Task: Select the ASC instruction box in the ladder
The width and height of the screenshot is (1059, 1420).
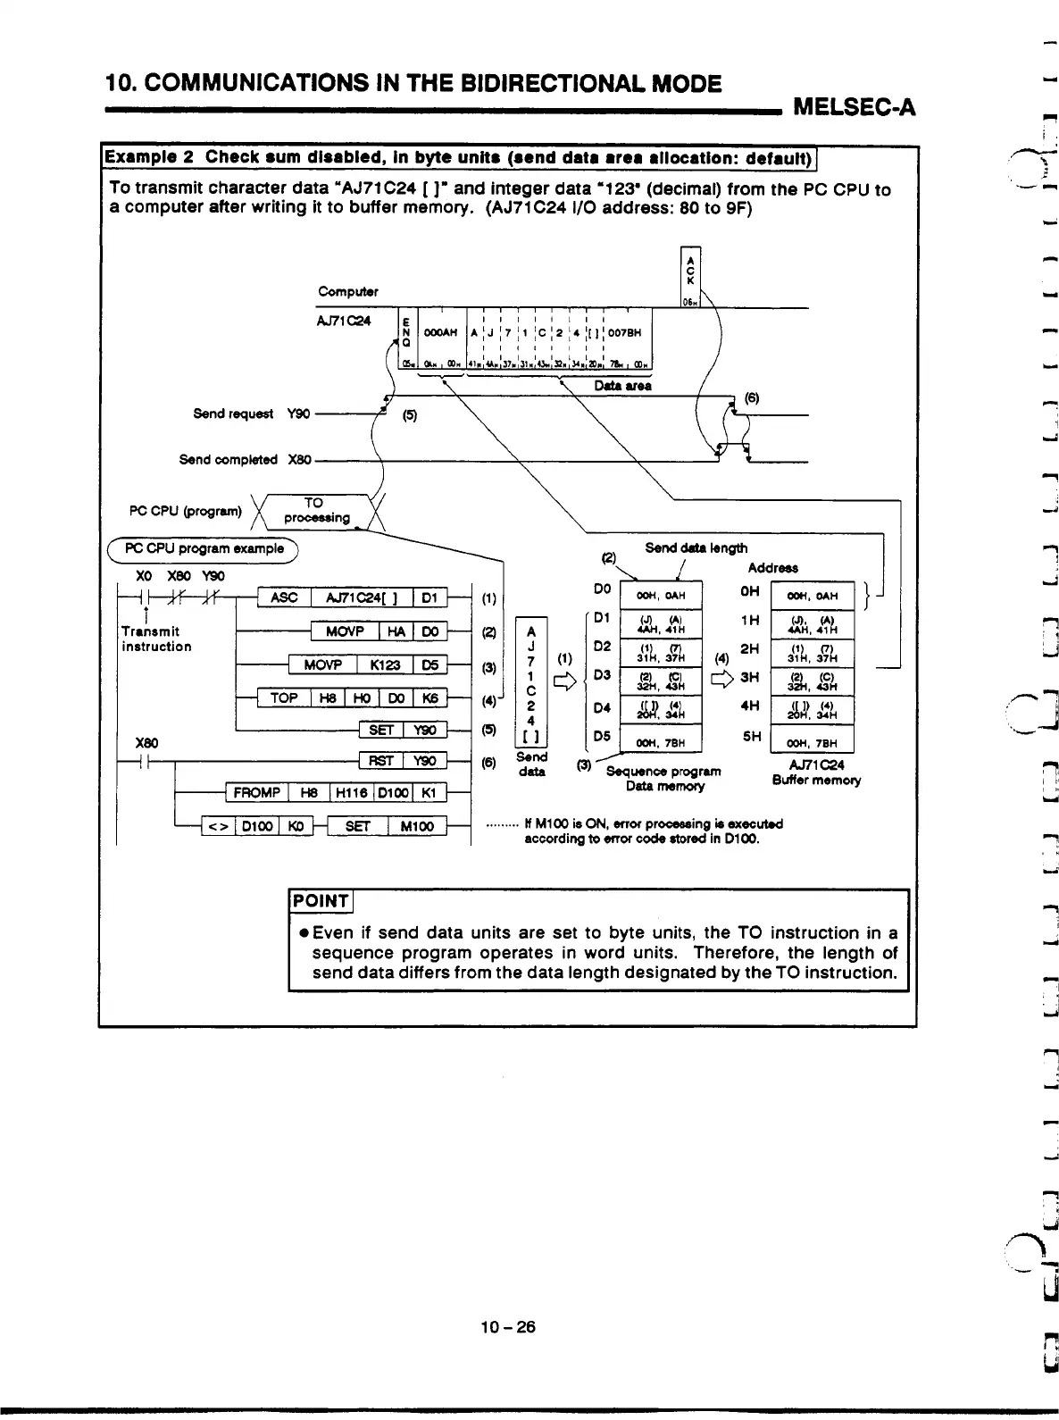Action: point(284,597)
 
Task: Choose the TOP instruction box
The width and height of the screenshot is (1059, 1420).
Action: point(284,697)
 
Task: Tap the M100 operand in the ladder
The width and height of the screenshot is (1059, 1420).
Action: point(416,826)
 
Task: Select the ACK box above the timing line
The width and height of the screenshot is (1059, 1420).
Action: point(689,278)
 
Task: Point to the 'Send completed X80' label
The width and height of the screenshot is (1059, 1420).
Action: point(245,460)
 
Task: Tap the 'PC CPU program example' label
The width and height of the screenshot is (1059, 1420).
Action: point(204,547)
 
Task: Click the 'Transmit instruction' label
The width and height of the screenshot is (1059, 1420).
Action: point(156,639)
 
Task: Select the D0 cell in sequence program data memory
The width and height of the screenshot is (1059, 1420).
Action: point(661,596)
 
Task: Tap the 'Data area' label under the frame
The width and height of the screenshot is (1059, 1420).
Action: point(622,386)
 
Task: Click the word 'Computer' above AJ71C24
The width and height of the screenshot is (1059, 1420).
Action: point(348,292)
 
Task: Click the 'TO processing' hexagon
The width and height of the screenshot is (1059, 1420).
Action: point(315,510)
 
